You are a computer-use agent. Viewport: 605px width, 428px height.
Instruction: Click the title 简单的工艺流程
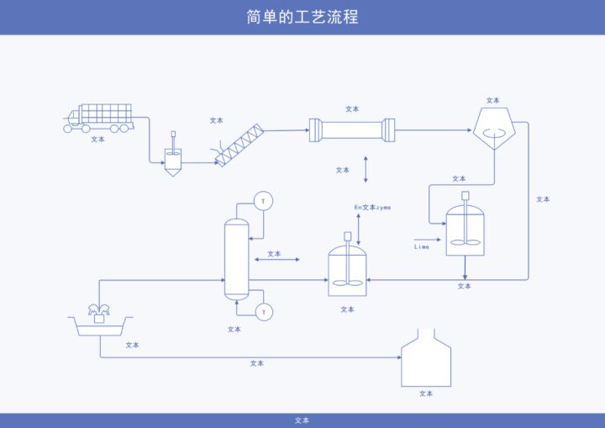pyautogui.click(x=302, y=17)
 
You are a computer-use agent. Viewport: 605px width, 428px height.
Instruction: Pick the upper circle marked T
pyautogui.click(x=264, y=200)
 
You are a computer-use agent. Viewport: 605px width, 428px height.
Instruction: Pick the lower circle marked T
pyautogui.click(x=264, y=312)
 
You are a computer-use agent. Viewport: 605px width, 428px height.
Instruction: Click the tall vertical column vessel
pyautogui.click(x=236, y=258)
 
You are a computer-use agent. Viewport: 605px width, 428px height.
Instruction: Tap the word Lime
pyautogui.click(x=422, y=247)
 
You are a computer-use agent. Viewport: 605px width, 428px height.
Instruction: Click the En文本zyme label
pyautogui.click(x=372, y=207)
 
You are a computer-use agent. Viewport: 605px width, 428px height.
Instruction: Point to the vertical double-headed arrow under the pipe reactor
pyautogui.click(x=366, y=169)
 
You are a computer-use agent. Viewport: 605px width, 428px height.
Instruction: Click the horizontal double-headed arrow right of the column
pyautogui.click(x=276, y=261)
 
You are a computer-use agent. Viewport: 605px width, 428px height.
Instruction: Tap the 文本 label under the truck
pyautogui.click(x=98, y=140)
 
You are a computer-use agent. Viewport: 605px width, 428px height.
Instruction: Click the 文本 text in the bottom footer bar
pyautogui.click(x=302, y=420)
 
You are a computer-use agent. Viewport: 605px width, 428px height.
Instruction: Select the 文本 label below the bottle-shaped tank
pyautogui.click(x=426, y=394)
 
